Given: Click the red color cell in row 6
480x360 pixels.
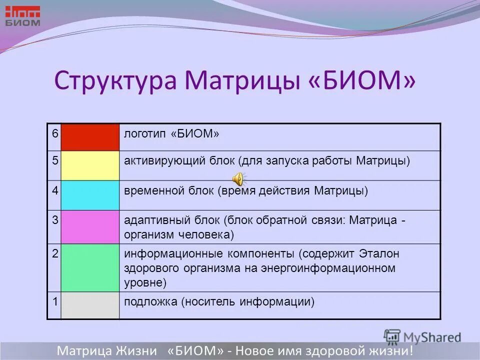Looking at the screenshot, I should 90,137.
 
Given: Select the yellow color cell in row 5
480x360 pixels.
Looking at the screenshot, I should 90,165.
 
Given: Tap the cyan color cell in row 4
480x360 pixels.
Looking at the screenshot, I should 90,195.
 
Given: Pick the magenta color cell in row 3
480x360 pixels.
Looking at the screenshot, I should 90,226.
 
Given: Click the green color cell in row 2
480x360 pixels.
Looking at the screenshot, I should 90,267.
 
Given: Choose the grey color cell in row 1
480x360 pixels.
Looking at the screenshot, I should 90,305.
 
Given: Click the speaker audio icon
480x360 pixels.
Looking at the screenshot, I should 239,178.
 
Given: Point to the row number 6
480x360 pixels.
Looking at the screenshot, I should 54,133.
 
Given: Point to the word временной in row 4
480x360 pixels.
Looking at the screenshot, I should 150,191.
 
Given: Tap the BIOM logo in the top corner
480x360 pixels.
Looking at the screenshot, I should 22,16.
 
